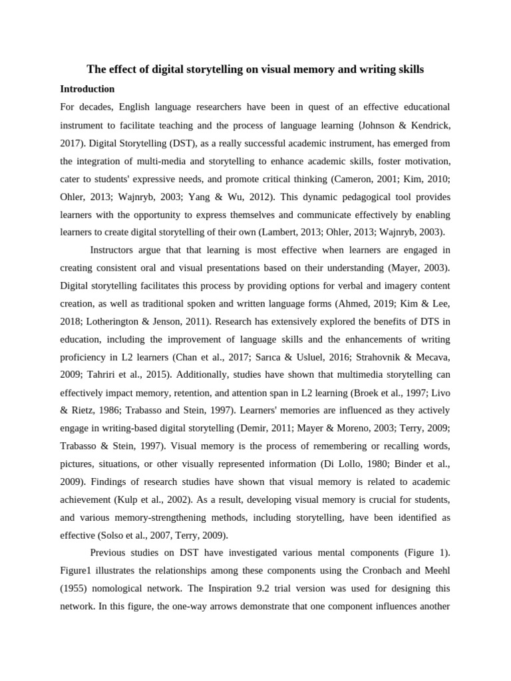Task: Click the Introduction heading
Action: point(87,88)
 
